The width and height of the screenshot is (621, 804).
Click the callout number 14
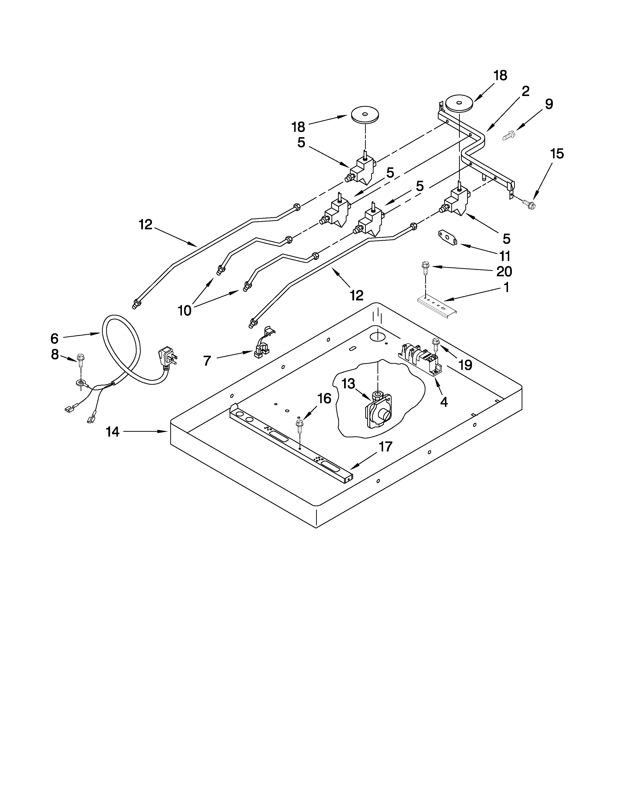113,432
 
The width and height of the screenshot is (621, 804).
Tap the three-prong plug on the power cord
167,356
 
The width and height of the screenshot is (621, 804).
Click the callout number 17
386,447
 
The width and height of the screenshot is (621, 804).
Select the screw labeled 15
530,202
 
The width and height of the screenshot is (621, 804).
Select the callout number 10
185,310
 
